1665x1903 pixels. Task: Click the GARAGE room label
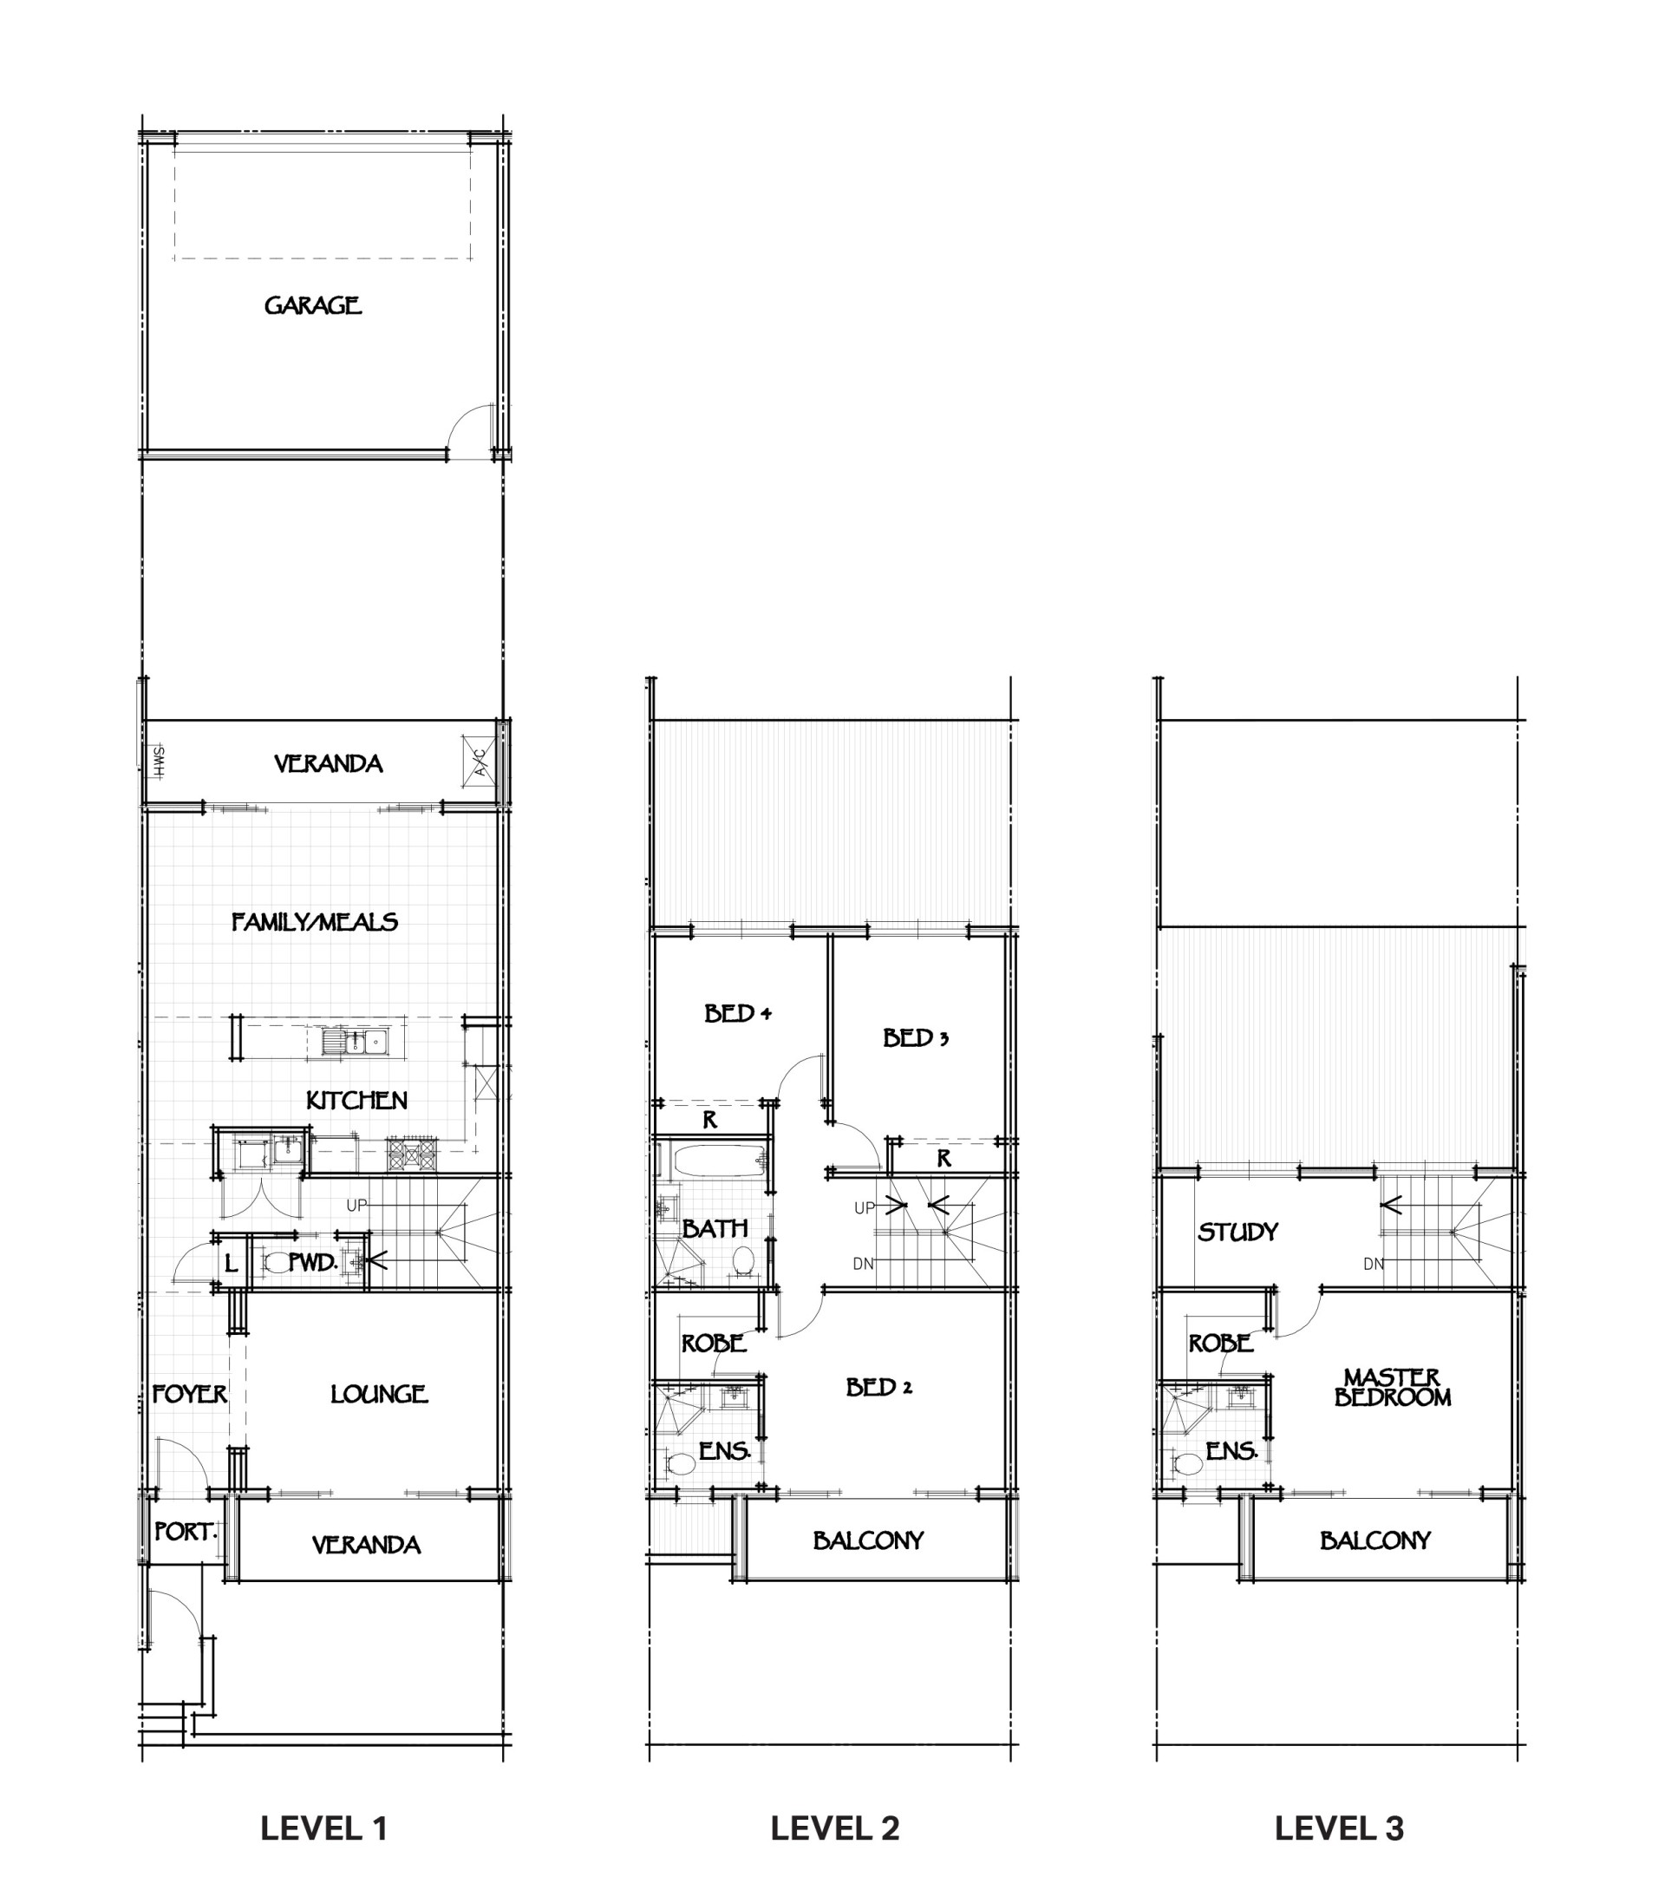coord(312,304)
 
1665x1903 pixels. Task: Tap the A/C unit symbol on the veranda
coord(478,761)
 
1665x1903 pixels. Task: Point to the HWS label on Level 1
coord(159,761)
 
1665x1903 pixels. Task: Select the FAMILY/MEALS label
coord(314,922)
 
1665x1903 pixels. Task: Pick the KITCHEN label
coord(356,1100)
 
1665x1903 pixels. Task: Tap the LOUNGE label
coord(379,1394)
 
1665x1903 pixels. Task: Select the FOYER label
coord(190,1394)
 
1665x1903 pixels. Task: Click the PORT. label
coord(186,1531)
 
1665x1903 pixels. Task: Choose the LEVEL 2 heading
coord(834,1828)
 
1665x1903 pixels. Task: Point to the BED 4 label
coord(738,1013)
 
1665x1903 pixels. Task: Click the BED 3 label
coord(915,1037)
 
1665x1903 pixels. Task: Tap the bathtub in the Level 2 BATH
coord(718,1160)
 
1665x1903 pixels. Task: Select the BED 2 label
coord(879,1387)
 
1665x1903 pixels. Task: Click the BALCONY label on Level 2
coord(869,1540)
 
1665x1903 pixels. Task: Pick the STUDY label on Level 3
coord(1237,1233)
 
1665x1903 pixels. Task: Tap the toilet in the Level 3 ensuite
coord(1188,1465)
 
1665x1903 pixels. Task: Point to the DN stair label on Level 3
coord(1374,1264)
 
